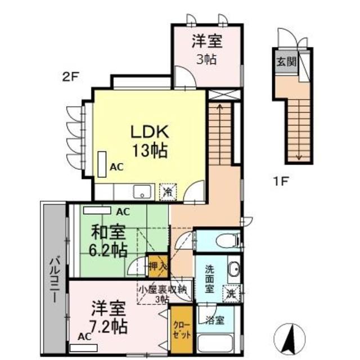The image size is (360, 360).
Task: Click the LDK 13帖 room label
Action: (x=150, y=141)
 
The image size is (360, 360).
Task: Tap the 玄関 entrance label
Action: (x=286, y=61)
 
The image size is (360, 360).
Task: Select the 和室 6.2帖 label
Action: (x=108, y=241)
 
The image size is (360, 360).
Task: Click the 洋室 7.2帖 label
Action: (x=109, y=317)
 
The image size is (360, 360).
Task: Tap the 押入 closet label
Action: (x=158, y=266)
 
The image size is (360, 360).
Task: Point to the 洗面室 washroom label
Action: (x=209, y=279)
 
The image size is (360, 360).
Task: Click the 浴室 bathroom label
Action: (x=215, y=321)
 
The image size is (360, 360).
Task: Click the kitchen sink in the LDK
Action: (x=142, y=192)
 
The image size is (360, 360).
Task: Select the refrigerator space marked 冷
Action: (x=168, y=192)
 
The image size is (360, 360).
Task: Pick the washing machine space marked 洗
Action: (x=231, y=294)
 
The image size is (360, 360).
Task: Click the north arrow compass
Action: (x=290, y=339)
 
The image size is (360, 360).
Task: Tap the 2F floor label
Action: (x=71, y=77)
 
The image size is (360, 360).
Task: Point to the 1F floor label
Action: (x=280, y=182)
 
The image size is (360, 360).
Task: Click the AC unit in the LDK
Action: (x=102, y=164)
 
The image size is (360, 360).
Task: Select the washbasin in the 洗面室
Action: (x=235, y=268)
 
